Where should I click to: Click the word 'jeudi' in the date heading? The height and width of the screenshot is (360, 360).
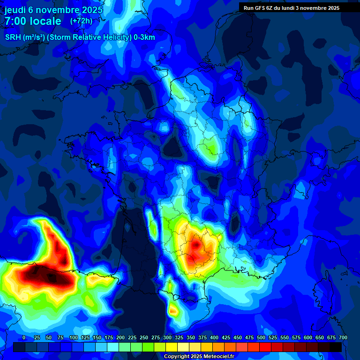tap(15, 9)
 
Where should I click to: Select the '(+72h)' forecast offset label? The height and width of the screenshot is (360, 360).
tap(81, 21)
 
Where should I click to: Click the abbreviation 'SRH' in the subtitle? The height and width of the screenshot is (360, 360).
tap(13, 37)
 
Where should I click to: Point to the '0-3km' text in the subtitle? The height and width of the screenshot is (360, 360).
tap(144, 37)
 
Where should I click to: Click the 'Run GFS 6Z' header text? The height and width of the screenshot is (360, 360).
tap(258, 7)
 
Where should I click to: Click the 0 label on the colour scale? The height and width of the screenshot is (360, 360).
tap(24, 337)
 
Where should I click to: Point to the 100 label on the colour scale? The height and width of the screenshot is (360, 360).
tap(73, 337)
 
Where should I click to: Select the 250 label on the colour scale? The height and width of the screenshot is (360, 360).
tap(144, 337)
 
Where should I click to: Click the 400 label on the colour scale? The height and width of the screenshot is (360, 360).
tap(214, 337)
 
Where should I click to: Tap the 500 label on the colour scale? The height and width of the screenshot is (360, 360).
tap(261, 337)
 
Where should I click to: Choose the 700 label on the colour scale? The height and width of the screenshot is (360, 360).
tap(343, 337)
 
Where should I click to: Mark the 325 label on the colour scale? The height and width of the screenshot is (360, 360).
tap(179, 337)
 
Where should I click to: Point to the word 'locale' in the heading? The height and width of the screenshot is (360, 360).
tap(45, 21)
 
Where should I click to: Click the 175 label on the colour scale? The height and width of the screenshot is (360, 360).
tap(109, 337)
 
